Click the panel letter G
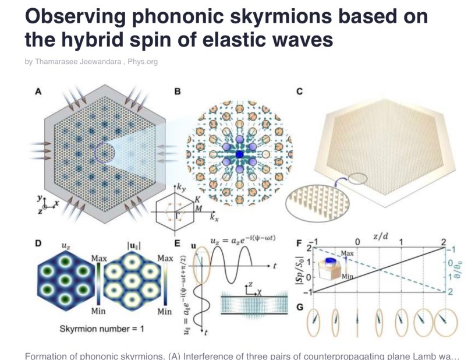(300, 307)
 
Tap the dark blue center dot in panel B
(239, 154)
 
